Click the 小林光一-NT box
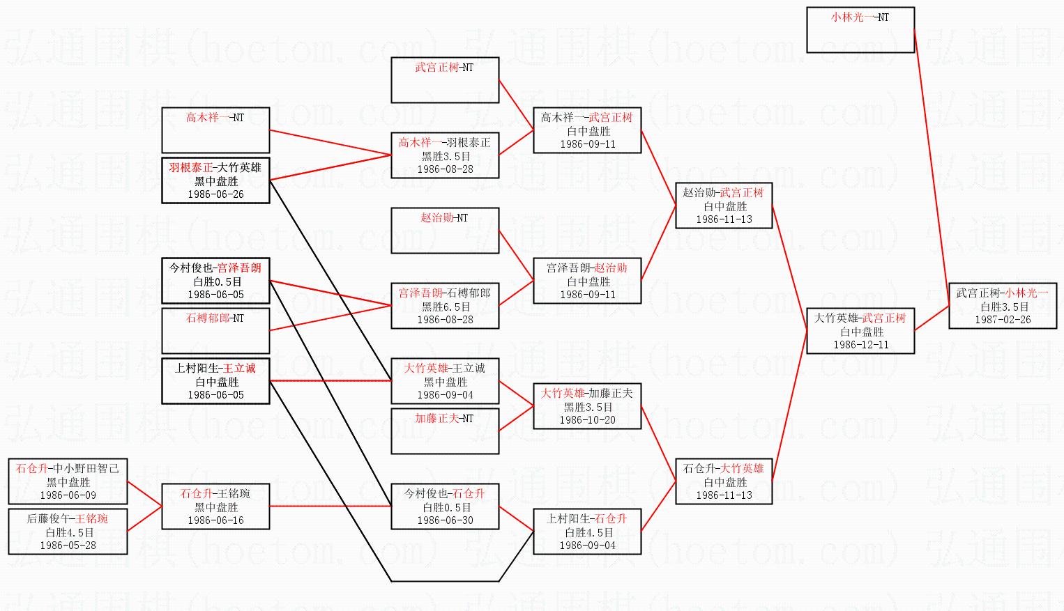tap(860, 30)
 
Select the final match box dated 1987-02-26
tap(1002, 307)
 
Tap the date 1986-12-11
tap(861, 345)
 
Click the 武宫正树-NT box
tap(445, 80)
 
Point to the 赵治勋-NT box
tap(445, 231)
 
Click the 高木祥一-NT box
tap(215, 130)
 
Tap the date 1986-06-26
tap(215, 194)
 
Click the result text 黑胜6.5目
tap(446, 307)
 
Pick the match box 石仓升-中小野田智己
tap(68, 481)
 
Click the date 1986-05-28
tap(68, 546)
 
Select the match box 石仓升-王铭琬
tap(215, 506)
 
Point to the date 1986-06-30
tap(445, 520)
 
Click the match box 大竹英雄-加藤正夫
tap(587, 406)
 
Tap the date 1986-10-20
tap(587, 420)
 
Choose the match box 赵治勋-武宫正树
tap(724, 206)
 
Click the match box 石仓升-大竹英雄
tap(724, 481)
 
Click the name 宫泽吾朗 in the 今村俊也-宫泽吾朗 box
tap(239, 268)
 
